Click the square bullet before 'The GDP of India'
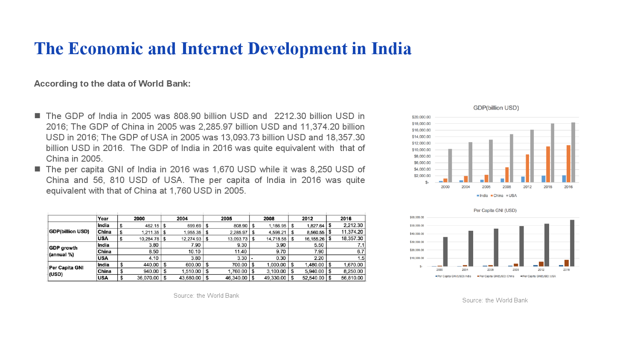click(37, 116)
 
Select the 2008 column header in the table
click(269, 218)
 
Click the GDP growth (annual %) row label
click(64, 251)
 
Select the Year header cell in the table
click(103, 218)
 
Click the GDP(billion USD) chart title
click(496, 108)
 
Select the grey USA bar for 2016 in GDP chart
click(573, 152)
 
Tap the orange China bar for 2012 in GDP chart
click(527, 168)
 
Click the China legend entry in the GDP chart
click(497, 196)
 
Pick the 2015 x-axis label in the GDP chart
click(548, 187)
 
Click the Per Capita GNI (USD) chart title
click(495, 210)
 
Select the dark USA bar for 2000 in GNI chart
click(445, 252)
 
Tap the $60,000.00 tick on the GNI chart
click(416, 218)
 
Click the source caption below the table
click(206, 296)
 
